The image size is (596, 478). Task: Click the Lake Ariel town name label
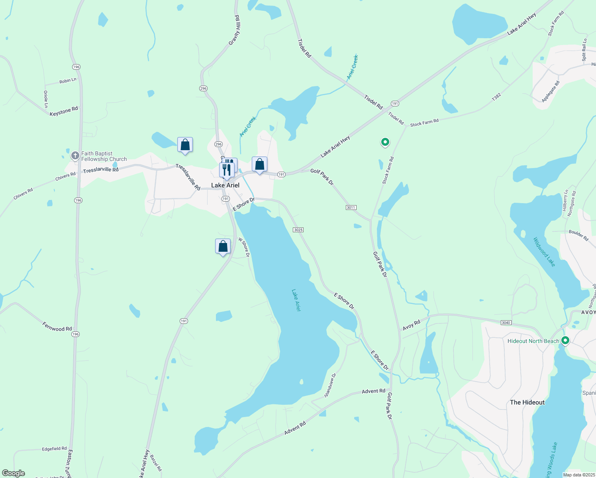[x=225, y=185]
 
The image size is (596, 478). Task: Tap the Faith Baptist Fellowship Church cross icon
[x=75, y=156]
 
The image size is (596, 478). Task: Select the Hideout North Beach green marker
[x=565, y=341]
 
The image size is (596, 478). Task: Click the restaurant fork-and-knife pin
[x=226, y=170]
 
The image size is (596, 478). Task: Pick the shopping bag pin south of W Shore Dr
[x=223, y=247]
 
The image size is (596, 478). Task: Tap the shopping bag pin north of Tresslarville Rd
[x=185, y=145]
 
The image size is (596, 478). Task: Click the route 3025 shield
[x=298, y=230]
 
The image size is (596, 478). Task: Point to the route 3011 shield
[x=351, y=208]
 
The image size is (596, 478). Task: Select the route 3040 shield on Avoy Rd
[x=506, y=323]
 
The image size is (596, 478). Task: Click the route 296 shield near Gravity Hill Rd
[x=204, y=88]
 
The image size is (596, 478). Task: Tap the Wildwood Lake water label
[x=544, y=252]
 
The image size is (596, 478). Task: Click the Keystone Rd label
[x=64, y=112]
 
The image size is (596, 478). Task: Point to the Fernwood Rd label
[x=57, y=327]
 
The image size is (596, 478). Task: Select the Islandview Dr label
[x=330, y=385]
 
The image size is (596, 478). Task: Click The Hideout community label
[x=527, y=402]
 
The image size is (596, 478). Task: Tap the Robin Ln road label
[x=68, y=81]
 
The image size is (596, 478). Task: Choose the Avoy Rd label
[x=412, y=325]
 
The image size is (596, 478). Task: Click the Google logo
[x=14, y=473]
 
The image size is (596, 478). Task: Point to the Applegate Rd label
[x=551, y=92]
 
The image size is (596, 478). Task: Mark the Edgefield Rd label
[x=54, y=449]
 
